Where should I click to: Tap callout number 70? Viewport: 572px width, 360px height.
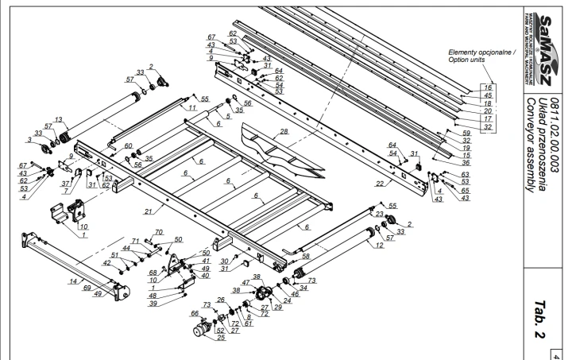point(159,231)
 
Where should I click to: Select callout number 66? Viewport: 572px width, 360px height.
point(193,314)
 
